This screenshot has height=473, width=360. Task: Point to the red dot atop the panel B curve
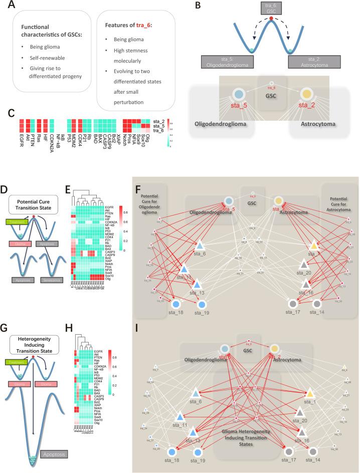271,19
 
